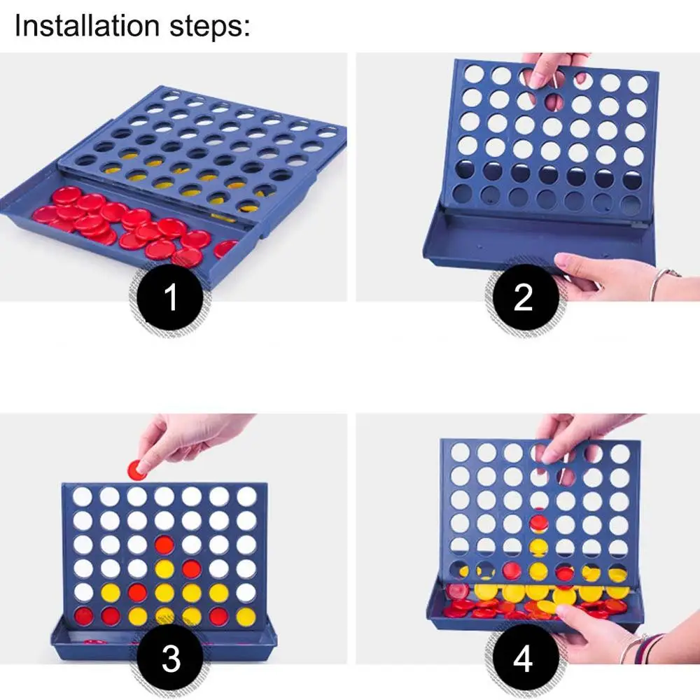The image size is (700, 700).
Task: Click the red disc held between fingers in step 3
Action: tap(136, 468)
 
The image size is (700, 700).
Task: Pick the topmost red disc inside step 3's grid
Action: tap(164, 544)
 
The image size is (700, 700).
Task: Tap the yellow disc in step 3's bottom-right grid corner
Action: tap(246, 617)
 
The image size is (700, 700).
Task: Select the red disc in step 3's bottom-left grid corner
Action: tap(83, 617)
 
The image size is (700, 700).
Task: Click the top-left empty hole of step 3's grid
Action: tap(83, 496)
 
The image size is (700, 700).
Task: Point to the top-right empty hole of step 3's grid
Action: tap(246, 496)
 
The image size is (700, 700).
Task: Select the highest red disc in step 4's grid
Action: tap(538, 523)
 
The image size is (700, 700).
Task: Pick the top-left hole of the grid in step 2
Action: tap(473, 74)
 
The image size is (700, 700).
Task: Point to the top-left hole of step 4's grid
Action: tap(460, 452)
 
